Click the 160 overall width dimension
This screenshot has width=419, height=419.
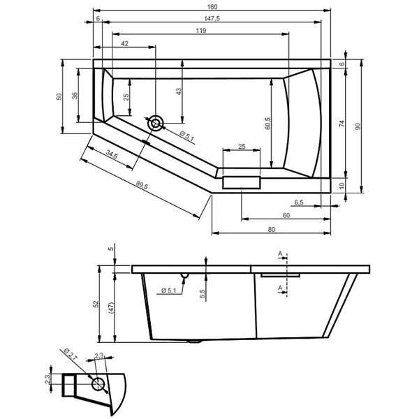[x=212, y=7]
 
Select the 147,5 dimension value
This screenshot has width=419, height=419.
[x=212, y=18]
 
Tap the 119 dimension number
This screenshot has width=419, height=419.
[x=201, y=31]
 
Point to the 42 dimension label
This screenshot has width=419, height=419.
[x=125, y=43]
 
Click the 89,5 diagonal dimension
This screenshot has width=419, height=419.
[x=142, y=185]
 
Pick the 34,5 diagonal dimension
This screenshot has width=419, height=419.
[x=112, y=154]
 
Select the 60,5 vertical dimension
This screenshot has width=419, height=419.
[x=267, y=124]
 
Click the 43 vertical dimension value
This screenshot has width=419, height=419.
[x=179, y=91]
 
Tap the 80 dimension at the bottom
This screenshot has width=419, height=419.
[x=271, y=229]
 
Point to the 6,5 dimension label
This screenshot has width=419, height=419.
[x=299, y=203]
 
